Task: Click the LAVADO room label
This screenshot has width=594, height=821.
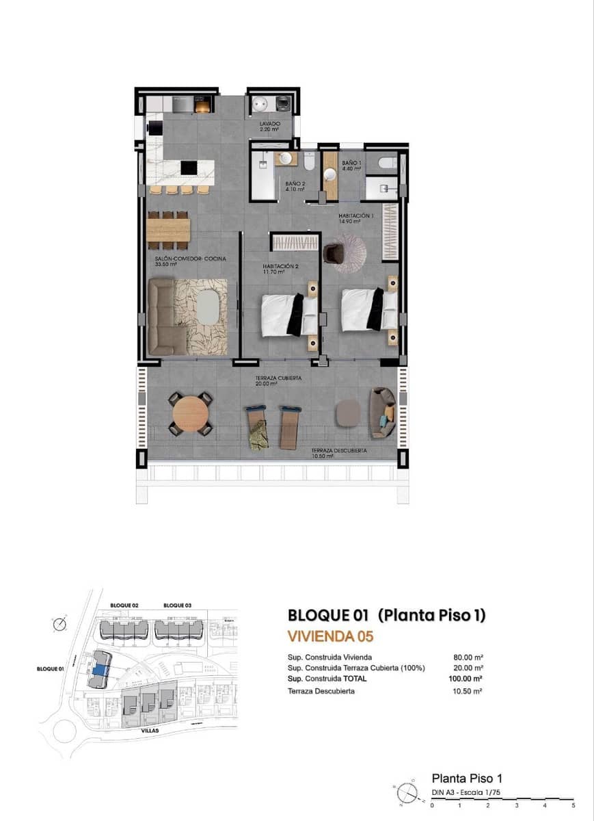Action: [271, 124]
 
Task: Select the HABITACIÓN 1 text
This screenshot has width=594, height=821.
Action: [356, 216]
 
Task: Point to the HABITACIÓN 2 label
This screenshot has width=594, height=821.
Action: [282, 266]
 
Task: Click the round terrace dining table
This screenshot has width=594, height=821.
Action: [191, 413]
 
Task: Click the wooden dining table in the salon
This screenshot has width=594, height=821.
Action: [168, 230]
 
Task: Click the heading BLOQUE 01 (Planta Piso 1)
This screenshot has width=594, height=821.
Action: [386, 615]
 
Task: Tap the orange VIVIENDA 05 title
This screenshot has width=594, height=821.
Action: [330, 636]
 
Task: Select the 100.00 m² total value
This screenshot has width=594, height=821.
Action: [468, 679]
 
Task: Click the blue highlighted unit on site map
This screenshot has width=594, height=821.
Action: [100, 671]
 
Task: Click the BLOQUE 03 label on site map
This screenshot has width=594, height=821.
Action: [176, 605]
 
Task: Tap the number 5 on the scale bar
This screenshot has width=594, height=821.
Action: [573, 806]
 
